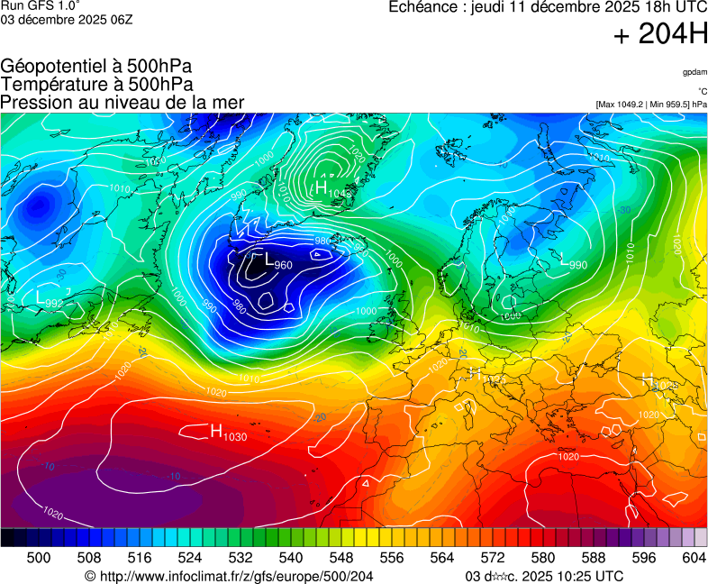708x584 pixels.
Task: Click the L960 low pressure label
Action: (x=277, y=262)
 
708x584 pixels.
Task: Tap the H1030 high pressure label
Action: (x=228, y=433)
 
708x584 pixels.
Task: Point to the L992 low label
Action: (x=50, y=299)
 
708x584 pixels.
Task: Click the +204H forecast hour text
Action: (x=660, y=34)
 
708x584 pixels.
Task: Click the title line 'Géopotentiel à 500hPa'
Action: (x=96, y=67)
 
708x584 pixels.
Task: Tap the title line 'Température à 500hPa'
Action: (x=96, y=84)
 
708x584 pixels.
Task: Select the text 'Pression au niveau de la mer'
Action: (x=123, y=102)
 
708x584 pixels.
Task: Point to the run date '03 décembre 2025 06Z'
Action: (x=67, y=20)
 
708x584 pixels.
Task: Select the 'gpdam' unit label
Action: (x=694, y=71)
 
